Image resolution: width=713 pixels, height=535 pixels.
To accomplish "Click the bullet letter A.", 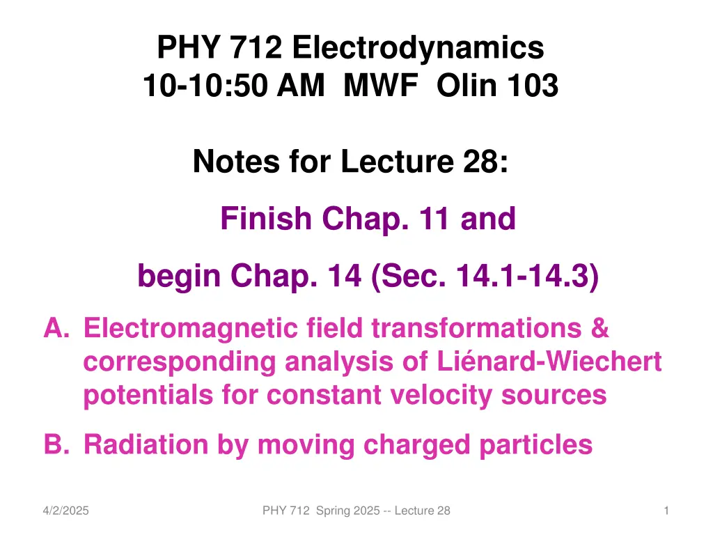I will (x=56, y=327).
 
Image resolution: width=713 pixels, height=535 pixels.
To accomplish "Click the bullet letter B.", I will (x=56, y=444).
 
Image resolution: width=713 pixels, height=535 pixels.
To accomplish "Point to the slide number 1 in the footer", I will (x=666, y=511).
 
